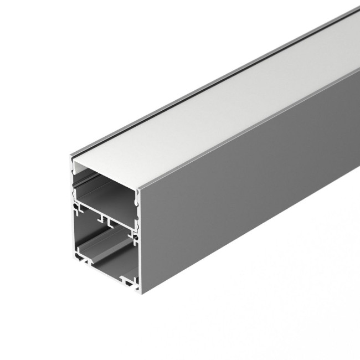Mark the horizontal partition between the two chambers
click(105, 212)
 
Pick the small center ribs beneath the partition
click(105, 220)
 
